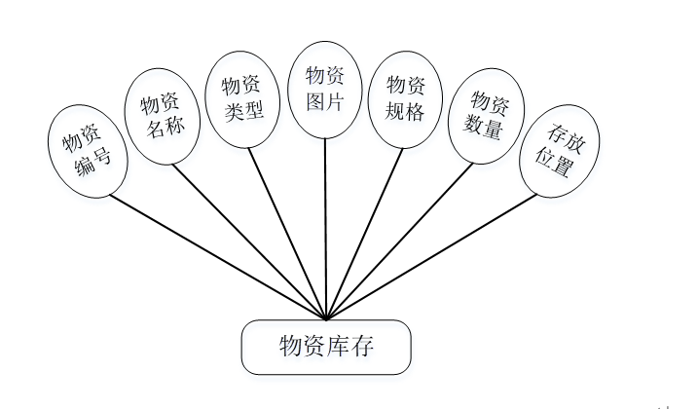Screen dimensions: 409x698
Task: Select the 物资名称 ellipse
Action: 164,117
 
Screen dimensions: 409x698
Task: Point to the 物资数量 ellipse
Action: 485,115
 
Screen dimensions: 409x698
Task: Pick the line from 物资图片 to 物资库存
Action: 325,229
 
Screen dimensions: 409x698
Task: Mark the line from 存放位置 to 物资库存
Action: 432,256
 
